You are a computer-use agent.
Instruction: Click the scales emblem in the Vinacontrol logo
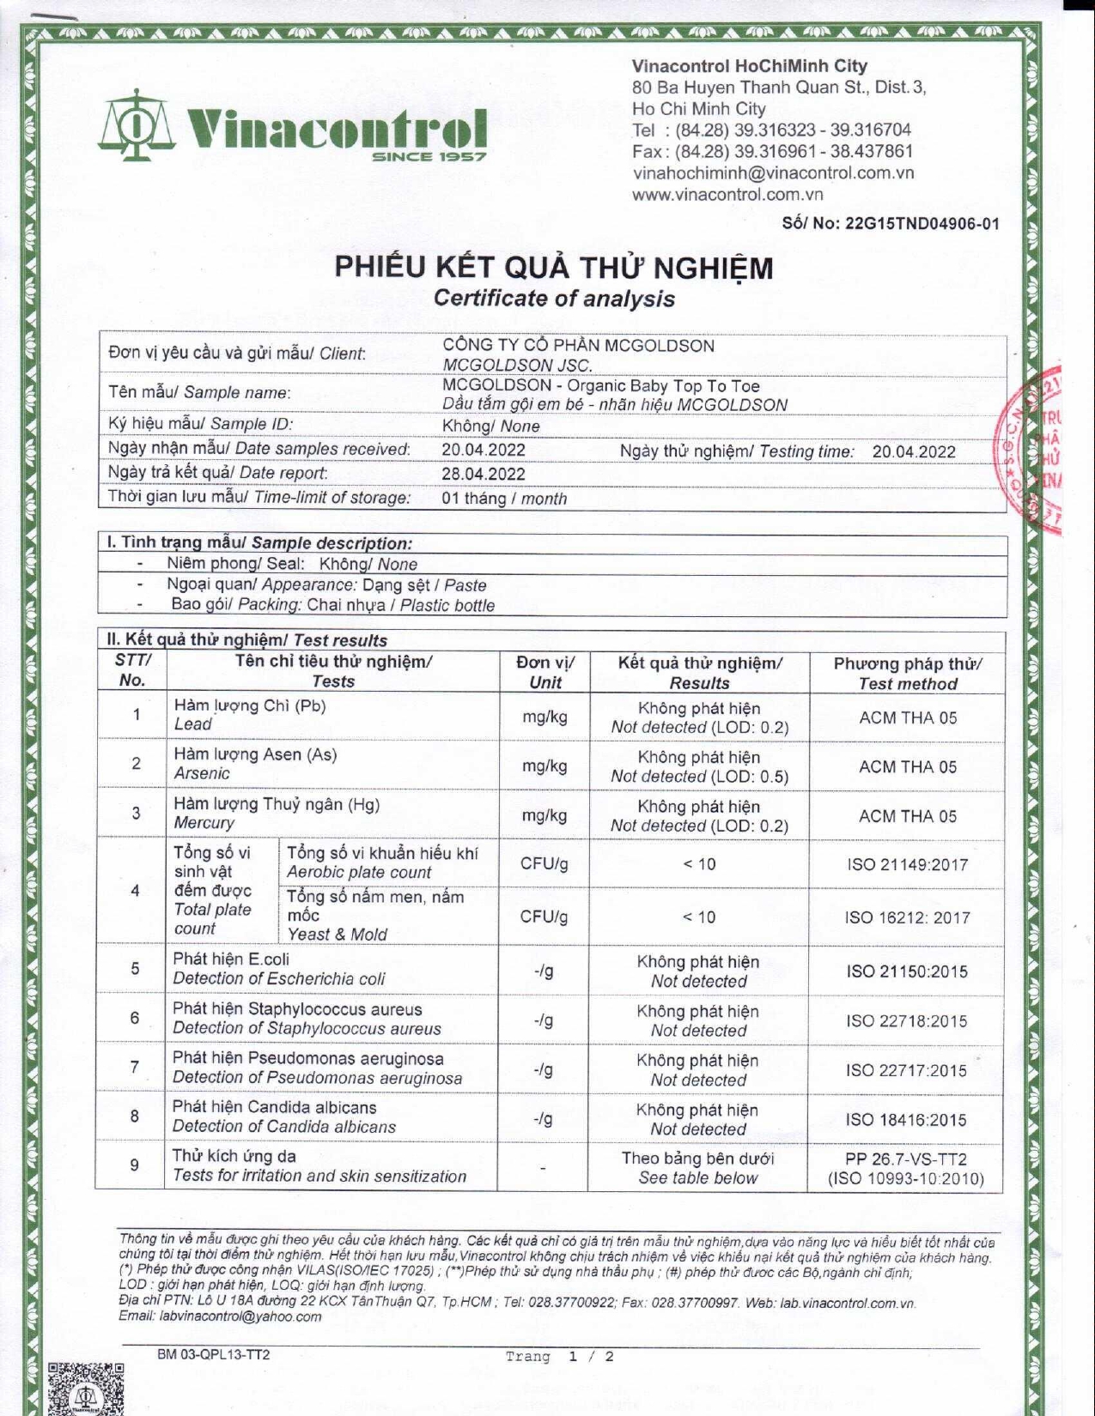[138, 129]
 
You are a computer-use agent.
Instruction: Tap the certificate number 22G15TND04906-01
[923, 224]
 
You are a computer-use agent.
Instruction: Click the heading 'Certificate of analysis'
[554, 299]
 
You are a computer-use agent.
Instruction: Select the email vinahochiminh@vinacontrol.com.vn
[773, 172]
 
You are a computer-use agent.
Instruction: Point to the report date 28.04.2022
[484, 474]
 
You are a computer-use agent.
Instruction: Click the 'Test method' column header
[907, 684]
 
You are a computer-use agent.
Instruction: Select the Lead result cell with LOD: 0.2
[699, 717]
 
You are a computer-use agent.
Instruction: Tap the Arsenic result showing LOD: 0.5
[699, 767]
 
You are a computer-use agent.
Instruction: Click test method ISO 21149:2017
[907, 864]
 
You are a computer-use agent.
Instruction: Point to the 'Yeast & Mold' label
[337, 934]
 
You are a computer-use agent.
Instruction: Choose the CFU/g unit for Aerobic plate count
[544, 864]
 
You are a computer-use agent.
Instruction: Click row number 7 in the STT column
[135, 1068]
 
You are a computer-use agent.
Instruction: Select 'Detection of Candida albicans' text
[284, 1127]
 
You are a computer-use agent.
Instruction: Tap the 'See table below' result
[697, 1178]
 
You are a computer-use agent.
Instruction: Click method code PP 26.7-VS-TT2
[906, 1159]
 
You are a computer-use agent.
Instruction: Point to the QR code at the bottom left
[86, 1390]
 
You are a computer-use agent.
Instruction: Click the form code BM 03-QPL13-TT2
[214, 1355]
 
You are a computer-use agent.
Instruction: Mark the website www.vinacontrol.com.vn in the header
[727, 195]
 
